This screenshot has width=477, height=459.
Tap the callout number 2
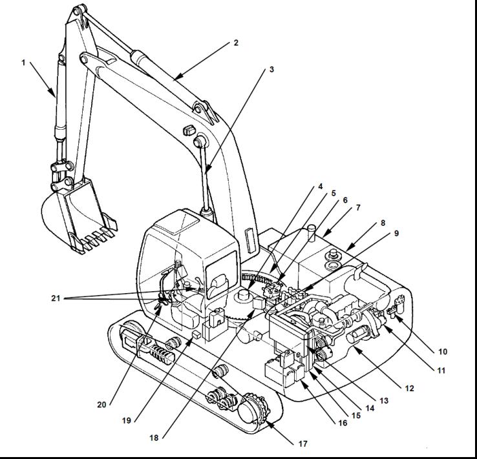(236, 43)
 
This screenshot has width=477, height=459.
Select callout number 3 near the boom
(271, 68)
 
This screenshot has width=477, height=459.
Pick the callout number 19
(127, 420)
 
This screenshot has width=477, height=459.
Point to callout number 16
(343, 423)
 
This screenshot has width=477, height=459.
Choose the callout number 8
(382, 223)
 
